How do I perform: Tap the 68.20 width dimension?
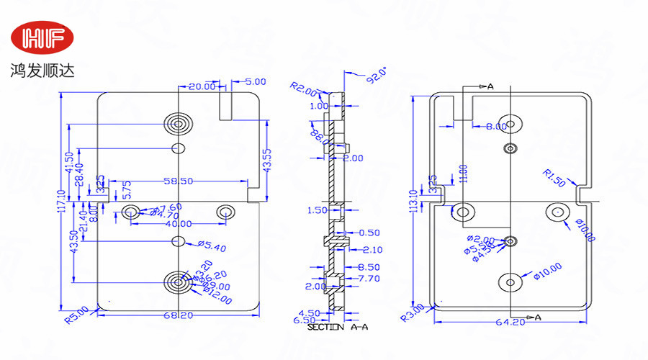178,315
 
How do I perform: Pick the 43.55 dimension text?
267,161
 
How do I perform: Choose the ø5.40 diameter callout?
211,248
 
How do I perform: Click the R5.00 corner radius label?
76,315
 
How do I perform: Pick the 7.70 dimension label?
369,278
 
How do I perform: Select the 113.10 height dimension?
413,203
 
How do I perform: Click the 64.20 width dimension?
510,322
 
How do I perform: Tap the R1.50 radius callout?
554,177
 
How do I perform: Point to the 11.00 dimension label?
464,174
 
